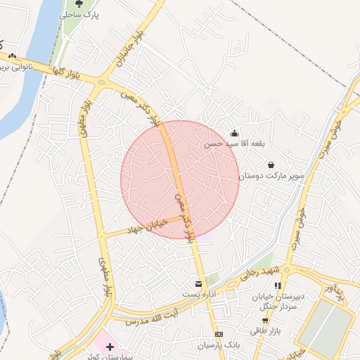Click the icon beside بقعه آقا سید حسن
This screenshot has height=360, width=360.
coord(234,133)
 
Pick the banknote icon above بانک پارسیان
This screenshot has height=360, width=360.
coord(219,333)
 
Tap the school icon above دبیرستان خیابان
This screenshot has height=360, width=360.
coord(278,285)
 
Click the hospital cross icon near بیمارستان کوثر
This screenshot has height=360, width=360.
coord(110,346)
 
